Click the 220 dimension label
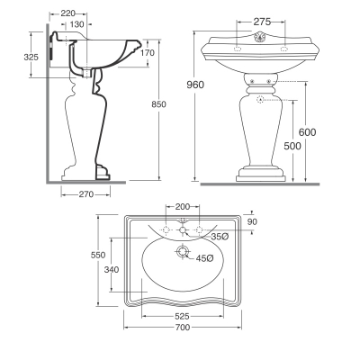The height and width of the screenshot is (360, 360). point(67,13)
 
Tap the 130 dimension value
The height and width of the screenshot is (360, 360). point(77,24)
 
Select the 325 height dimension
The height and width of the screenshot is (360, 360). point(31,57)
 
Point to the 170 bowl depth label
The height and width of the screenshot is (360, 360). point(148,53)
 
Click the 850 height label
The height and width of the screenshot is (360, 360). point(158,104)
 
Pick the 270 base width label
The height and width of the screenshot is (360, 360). point(86,194)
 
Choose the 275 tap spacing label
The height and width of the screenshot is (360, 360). point(262,22)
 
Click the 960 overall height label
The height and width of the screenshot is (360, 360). point(195,85)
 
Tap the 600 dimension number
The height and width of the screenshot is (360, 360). point(307,132)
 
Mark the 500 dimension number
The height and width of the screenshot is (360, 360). point(292,146)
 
